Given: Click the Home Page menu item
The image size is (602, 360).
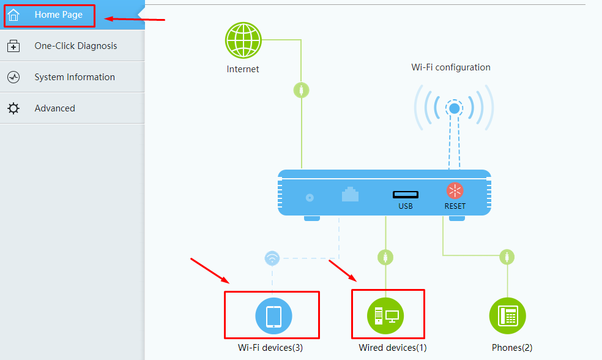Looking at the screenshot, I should pyautogui.click(x=58, y=15).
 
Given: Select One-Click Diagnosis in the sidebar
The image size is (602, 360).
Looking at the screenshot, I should pyautogui.click(x=75, y=46).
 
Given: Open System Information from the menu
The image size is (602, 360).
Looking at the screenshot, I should pyautogui.click(x=74, y=77).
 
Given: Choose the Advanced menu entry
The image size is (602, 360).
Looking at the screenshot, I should pyautogui.click(x=54, y=108).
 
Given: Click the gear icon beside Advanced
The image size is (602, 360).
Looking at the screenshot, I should pyautogui.click(x=13, y=108).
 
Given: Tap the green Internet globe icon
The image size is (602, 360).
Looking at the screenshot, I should pyautogui.click(x=243, y=40).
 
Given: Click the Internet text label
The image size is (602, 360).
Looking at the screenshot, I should pyautogui.click(x=243, y=69).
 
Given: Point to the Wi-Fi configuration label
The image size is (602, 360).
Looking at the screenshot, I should pyautogui.click(x=451, y=67).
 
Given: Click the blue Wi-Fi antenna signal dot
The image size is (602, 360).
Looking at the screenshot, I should pyautogui.click(x=454, y=109).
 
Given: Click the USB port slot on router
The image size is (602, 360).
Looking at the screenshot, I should pyautogui.click(x=406, y=195).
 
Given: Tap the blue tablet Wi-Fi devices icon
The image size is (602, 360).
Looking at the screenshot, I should pyautogui.click(x=273, y=317).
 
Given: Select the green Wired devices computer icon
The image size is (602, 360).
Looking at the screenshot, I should pyautogui.click(x=385, y=317).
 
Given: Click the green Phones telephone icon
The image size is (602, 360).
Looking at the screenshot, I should pyautogui.click(x=508, y=316).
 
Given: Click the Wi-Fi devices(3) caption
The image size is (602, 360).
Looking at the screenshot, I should pyautogui.click(x=270, y=348).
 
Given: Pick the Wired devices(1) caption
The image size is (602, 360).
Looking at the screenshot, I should pyautogui.click(x=392, y=348).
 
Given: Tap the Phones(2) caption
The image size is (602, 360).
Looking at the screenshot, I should pyautogui.click(x=512, y=348).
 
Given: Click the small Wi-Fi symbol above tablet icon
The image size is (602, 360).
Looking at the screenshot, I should pyautogui.click(x=272, y=258).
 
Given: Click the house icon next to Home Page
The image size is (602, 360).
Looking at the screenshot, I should pyautogui.click(x=13, y=15).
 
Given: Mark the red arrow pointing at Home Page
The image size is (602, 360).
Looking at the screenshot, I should pyautogui.click(x=135, y=19).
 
